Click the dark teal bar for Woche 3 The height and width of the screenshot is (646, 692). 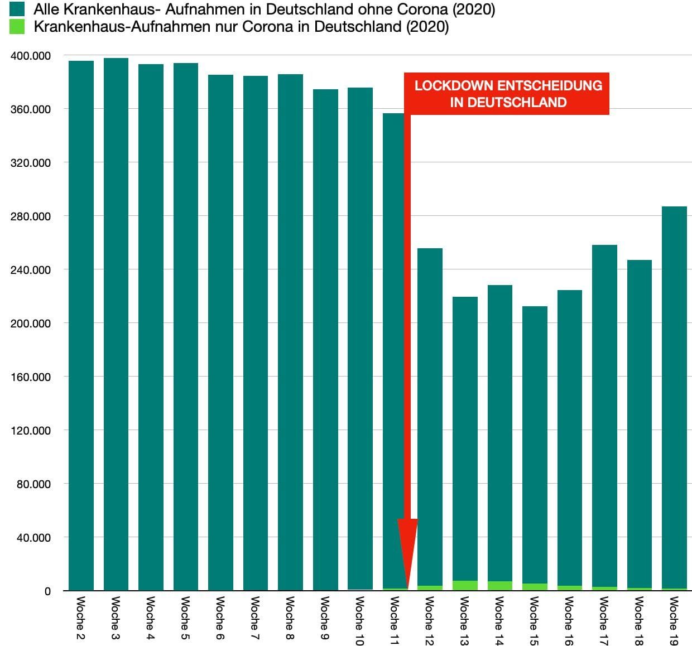pyautogui.click(x=116, y=324)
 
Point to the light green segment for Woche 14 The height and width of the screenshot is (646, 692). pyautogui.click(x=500, y=586)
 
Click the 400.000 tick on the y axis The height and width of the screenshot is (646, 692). pyautogui.click(x=31, y=56)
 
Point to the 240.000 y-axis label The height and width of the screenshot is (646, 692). pyautogui.click(x=31, y=270)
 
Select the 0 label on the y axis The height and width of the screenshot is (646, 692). pyautogui.click(x=47, y=591)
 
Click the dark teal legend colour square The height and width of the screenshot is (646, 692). pyautogui.click(x=17, y=9)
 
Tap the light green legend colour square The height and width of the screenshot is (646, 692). pyautogui.click(x=17, y=27)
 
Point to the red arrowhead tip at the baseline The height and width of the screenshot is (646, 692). pyautogui.click(x=407, y=588)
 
